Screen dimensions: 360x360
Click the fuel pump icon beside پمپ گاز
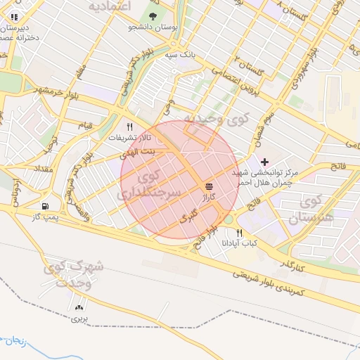pos(46,207)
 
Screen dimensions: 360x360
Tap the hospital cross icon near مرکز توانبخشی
pos(264,162)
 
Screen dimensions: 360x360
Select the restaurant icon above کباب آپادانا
pos(240,233)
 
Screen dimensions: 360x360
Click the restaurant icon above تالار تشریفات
pos(129,127)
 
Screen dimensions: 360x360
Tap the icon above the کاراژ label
pos(209,186)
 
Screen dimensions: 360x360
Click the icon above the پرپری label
pos(78,307)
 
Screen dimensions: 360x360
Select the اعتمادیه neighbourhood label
pos(110,6)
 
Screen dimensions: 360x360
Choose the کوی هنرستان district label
pos(309,210)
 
